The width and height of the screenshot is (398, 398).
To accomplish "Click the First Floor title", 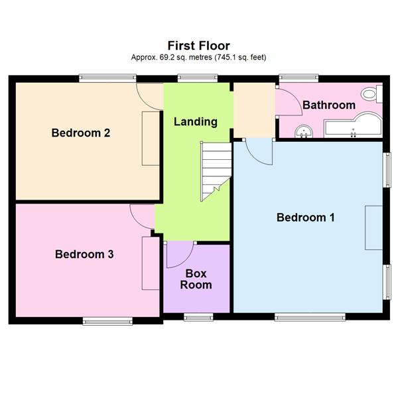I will tap(198, 46).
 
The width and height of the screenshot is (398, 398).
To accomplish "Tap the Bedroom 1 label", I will tap(306, 218).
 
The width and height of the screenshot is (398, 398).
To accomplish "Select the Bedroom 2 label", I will tap(81, 133).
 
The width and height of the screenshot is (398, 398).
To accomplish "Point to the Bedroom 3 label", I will tap(84, 254).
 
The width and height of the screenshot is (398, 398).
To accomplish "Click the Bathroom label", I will tap(329, 105).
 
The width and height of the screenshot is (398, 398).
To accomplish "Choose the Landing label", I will tap(195, 121).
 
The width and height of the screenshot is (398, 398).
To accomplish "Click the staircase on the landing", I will tap(216, 171).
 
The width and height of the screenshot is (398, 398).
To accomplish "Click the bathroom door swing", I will tap(287, 103).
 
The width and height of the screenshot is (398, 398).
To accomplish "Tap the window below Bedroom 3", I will tap(107, 321).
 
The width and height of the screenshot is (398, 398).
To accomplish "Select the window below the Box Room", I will tap(198, 316).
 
